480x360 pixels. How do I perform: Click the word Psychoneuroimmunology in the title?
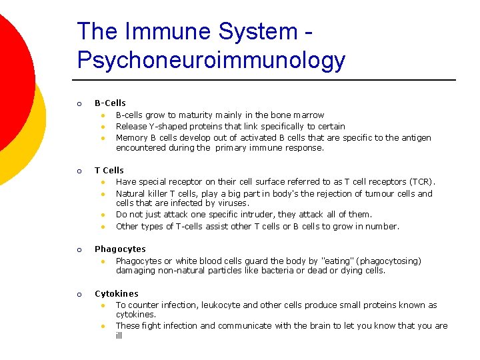point(211,60)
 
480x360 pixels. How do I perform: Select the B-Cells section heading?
point(110,103)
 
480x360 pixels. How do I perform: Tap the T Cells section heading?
point(109,171)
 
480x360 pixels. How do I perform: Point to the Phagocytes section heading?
point(120,249)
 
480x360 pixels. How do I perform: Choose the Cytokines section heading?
point(117,294)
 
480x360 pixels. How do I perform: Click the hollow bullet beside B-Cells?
point(79,104)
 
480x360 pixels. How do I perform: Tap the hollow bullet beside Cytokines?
point(79,295)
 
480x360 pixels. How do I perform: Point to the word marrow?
point(309,115)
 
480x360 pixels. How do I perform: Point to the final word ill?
point(119,336)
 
